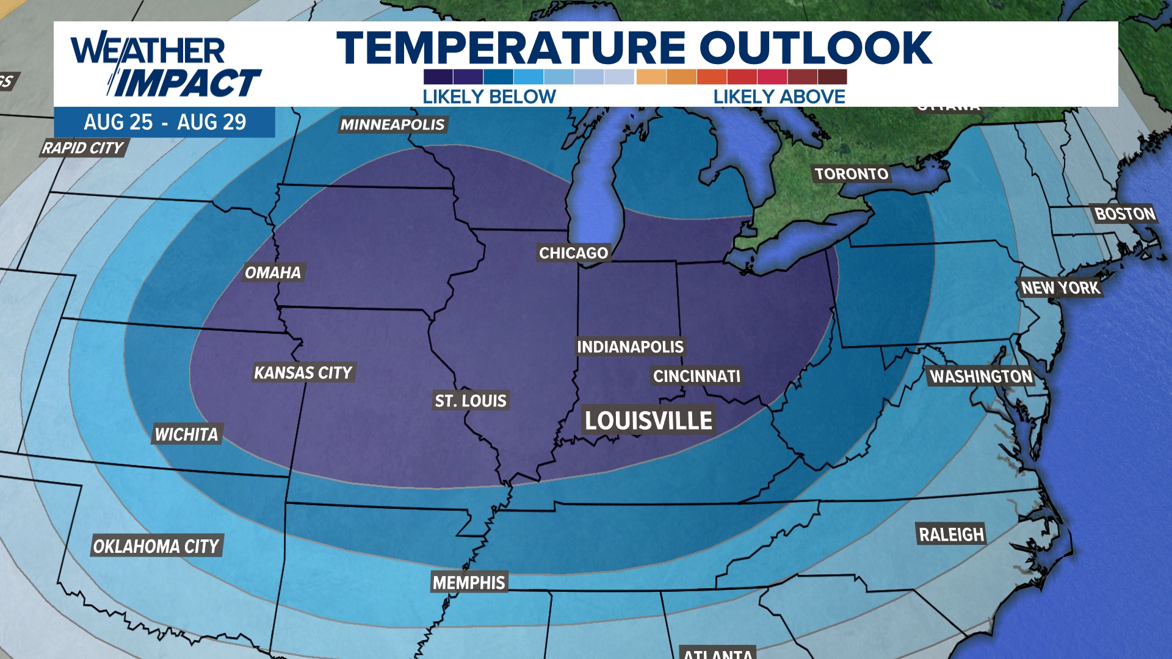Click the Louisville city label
[648, 420]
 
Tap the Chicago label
[573, 253]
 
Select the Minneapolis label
[392, 124]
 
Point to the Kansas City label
[303, 372]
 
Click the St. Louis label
[471, 400]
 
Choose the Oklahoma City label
[156, 546]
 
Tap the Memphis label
[469, 582]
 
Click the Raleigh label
[951, 535]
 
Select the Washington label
[981, 376]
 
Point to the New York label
[1060, 287]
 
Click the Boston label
[1124, 214]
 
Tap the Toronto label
[852, 174]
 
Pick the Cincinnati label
[696, 376]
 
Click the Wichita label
[186, 434]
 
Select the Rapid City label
[83, 148]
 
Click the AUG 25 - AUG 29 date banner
[165, 122]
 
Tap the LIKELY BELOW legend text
[489, 96]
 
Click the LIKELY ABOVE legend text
[779, 96]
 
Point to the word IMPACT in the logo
[187, 83]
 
